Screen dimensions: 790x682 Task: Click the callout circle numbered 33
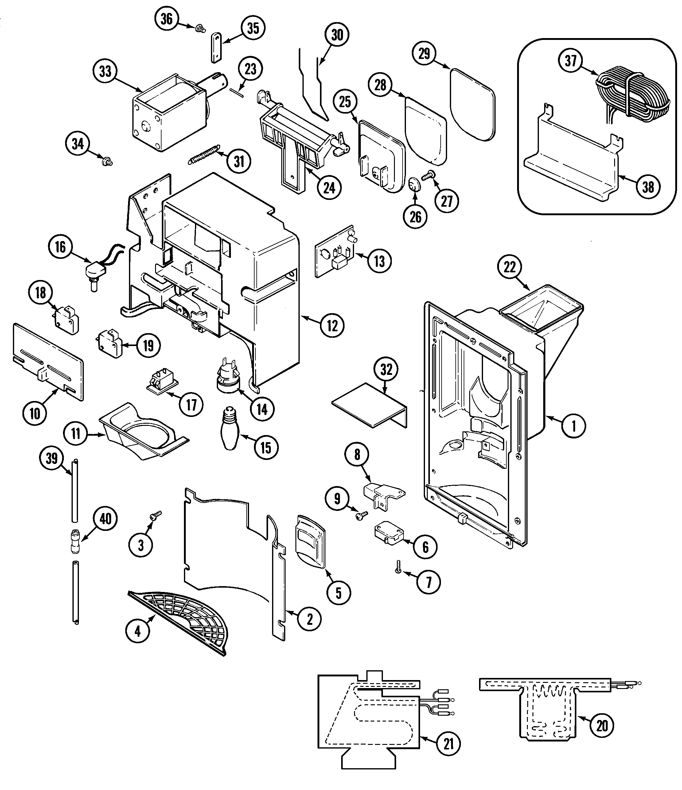tap(105, 71)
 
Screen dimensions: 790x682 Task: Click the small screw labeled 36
tap(199, 28)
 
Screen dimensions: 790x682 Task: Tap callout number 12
tap(332, 326)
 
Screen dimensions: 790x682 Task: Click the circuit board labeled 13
tap(335, 254)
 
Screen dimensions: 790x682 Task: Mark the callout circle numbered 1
tap(574, 426)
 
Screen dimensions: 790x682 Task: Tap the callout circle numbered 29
tap(424, 53)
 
